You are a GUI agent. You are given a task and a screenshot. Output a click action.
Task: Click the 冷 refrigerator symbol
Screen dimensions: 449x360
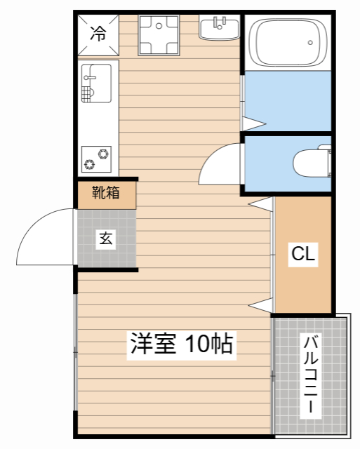click(98, 33)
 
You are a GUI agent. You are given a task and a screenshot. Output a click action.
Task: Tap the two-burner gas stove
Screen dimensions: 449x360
click(98, 159)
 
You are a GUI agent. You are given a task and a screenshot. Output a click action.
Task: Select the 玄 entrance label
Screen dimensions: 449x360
click(105, 239)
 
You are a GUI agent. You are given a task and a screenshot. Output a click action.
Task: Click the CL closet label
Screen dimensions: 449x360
click(303, 254)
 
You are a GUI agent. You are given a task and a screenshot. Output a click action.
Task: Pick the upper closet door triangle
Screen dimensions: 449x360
click(261, 203)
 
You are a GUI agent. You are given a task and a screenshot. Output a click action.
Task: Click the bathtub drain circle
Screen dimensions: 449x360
click(309, 43)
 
